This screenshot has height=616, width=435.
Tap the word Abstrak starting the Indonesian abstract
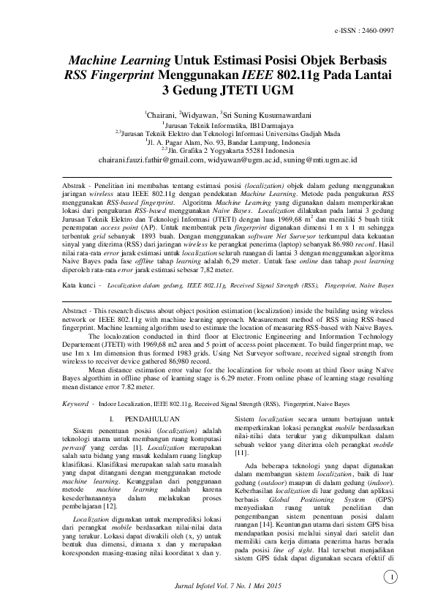(x=75, y=187)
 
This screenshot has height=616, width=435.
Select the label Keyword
(x=76, y=403)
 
